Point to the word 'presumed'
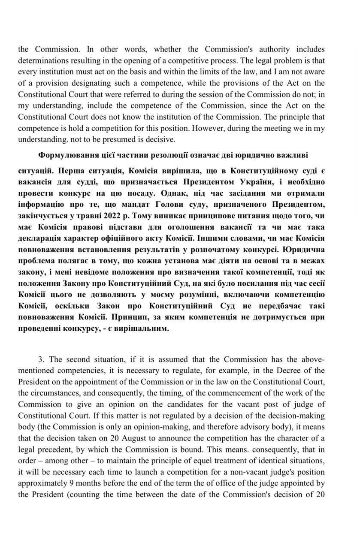click(x=115, y=139)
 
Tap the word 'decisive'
click(x=161, y=139)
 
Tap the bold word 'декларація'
click(x=40, y=237)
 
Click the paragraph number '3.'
click(x=42, y=359)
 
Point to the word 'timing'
click(x=163, y=392)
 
